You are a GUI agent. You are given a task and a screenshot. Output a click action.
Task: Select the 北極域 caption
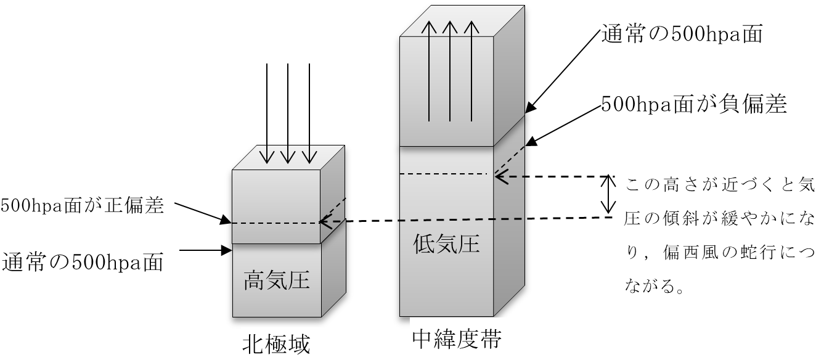275,343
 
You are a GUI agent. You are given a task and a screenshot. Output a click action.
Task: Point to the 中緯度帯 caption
455,339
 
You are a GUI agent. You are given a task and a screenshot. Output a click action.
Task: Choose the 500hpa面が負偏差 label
694,104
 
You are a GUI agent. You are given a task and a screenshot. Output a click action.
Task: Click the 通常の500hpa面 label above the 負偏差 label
683,35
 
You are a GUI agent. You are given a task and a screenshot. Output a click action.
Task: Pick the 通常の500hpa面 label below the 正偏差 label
83,263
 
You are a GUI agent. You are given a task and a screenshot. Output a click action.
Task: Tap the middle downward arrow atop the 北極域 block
288,155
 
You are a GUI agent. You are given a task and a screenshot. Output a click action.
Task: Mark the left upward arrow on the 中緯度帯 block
428,71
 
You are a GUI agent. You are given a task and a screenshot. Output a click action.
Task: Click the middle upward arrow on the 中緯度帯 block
450,71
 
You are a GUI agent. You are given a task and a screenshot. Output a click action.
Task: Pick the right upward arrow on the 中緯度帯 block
471,71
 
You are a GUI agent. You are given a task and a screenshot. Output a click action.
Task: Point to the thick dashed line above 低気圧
461,219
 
